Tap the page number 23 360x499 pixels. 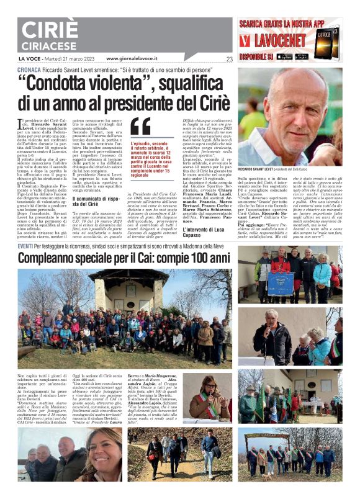(229, 60)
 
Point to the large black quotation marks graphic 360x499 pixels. (140, 127)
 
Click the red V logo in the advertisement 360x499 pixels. (247, 42)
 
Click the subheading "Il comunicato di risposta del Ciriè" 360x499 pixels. (94, 200)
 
